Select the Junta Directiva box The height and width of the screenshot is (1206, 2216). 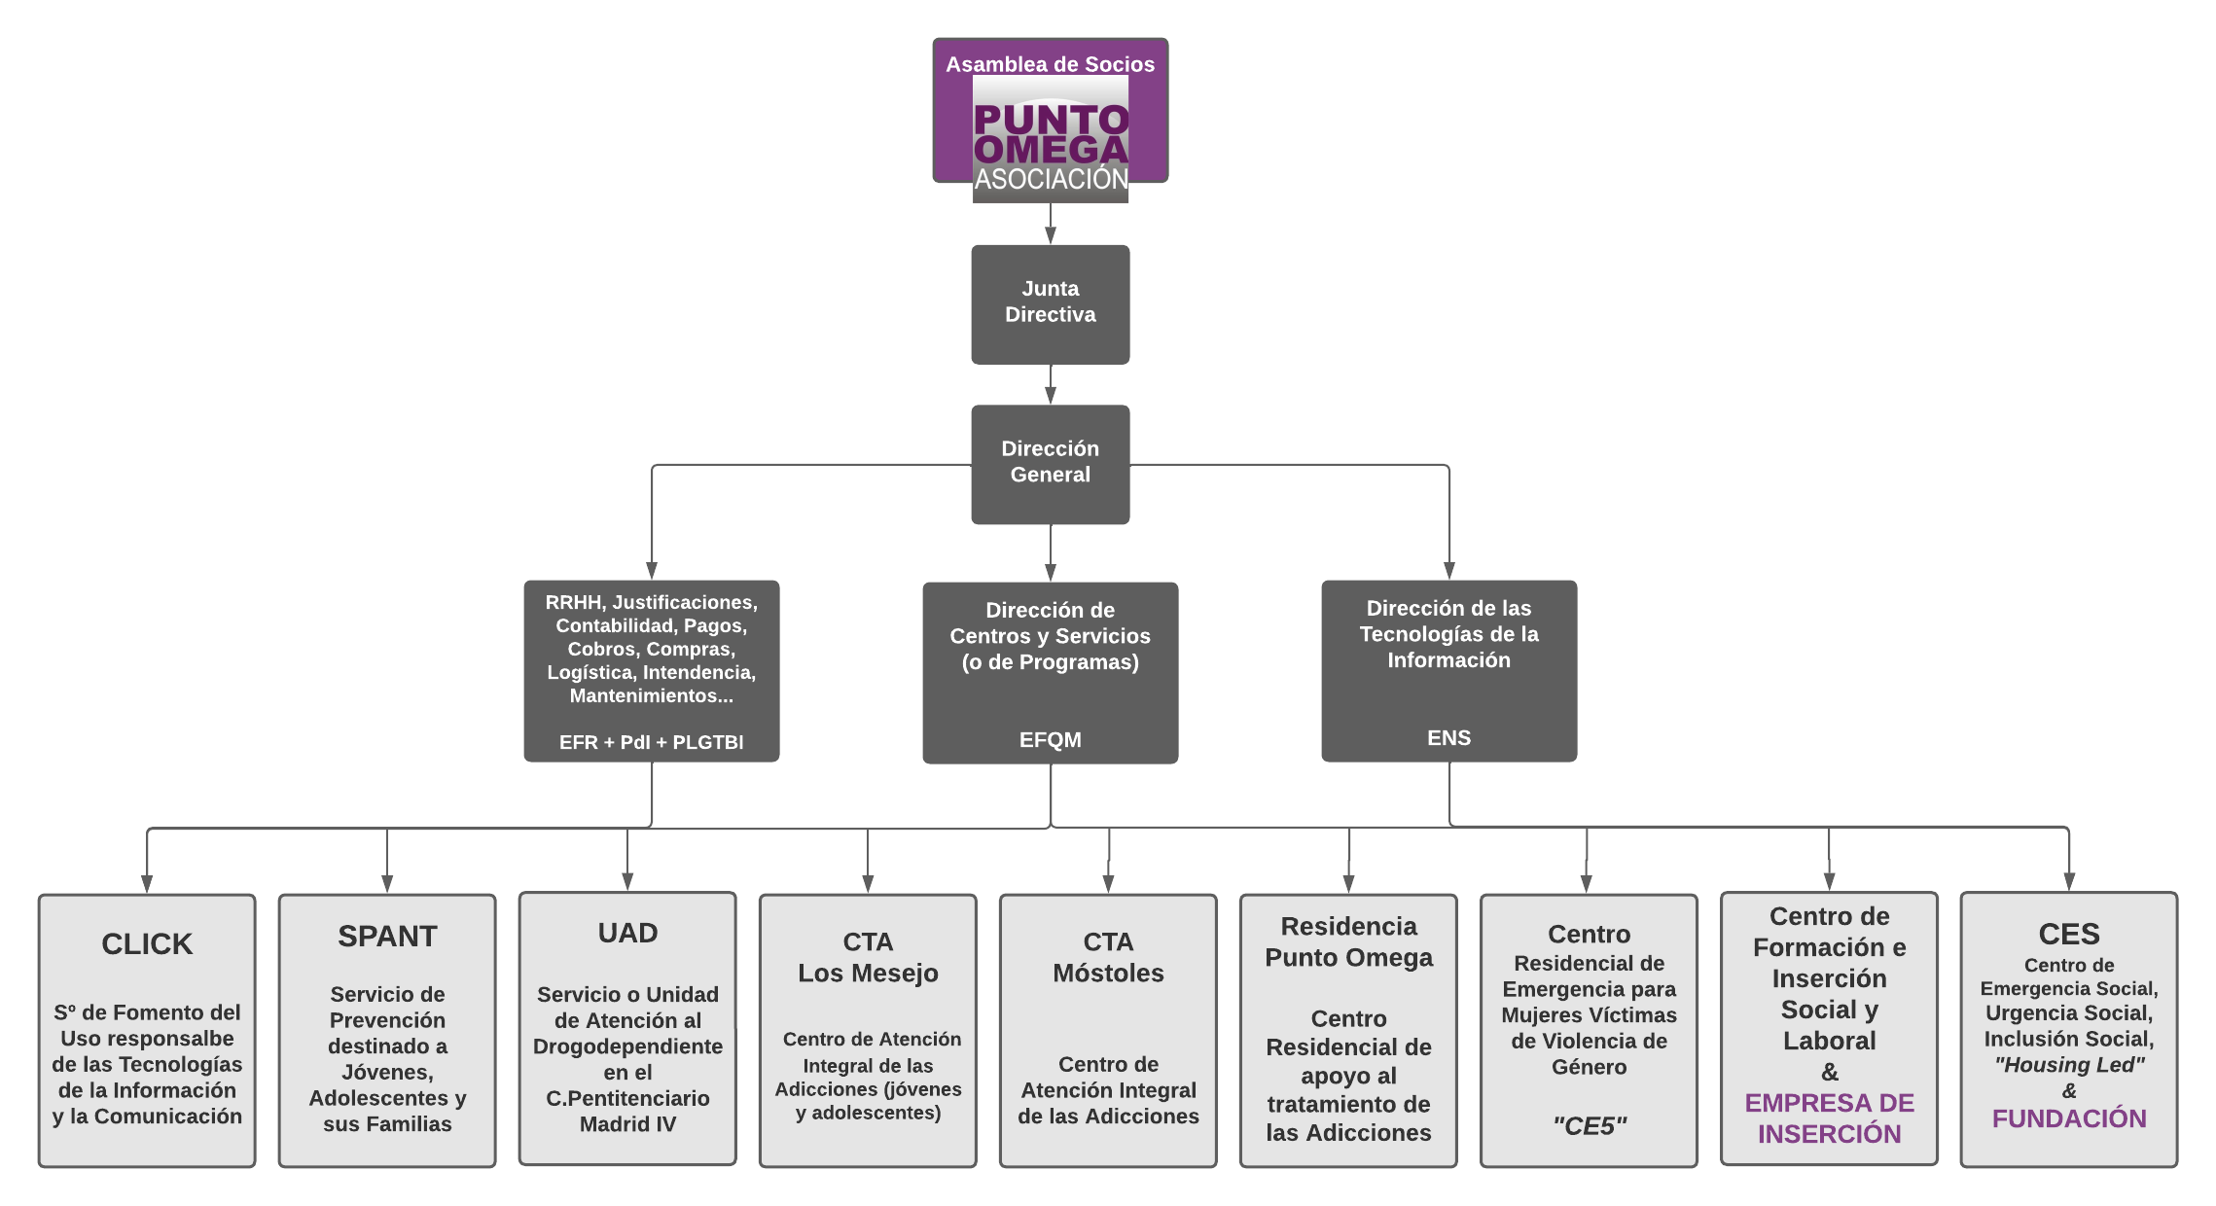(1051, 303)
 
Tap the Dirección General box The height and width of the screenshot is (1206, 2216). (1051, 463)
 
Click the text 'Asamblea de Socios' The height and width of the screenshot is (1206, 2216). (1051, 64)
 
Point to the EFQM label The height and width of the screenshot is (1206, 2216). (1051, 740)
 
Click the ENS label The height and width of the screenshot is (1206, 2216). (1448, 738)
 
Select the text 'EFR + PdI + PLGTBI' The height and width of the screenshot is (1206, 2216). (651, 742)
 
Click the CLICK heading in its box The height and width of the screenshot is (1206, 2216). (147, 944)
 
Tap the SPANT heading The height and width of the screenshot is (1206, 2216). (387, 937)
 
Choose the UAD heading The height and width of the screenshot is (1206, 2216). (627, 934)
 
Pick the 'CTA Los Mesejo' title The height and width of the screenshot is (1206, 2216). (868, 958)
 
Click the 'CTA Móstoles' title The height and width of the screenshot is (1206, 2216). (1108, 958)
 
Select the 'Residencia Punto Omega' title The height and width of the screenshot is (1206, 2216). (1348, 942)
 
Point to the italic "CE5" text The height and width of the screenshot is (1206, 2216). (1589, 1126)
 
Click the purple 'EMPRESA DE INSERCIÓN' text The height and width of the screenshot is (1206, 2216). (1829, 1118)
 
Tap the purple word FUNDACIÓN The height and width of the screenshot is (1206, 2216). (2069, 1119)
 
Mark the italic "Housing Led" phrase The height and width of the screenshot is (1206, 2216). (2069, 1065)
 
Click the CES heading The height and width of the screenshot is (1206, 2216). (2069, 935)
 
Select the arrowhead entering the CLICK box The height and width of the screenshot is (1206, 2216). (147, 883)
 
